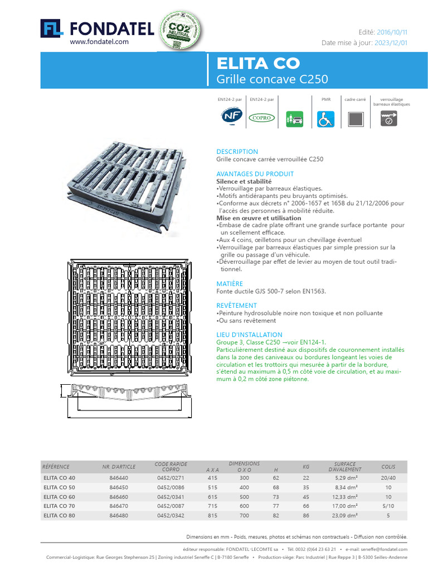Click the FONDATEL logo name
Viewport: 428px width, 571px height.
coord(111,27)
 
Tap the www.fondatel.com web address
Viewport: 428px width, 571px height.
coord(99,42)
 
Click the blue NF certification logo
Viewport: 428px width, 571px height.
coord(228,117)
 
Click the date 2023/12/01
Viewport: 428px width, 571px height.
coord(392,42)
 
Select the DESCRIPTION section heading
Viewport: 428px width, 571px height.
coord(237,152)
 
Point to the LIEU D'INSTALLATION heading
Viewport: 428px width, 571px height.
coord(249,335)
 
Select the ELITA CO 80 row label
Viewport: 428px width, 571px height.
coord(59,516)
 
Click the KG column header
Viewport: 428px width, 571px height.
coord(306,466)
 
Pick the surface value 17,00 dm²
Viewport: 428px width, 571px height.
coord(346,506)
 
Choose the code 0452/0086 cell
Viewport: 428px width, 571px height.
coord(171,487)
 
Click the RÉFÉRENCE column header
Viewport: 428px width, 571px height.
coord(56,466)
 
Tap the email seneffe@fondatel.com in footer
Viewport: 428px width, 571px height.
coord(384,549)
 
